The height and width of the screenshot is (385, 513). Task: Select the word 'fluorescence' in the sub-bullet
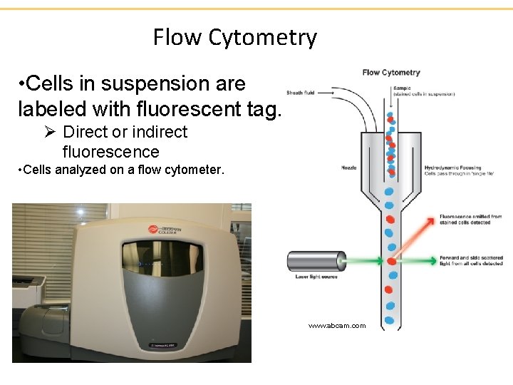coord(110,152)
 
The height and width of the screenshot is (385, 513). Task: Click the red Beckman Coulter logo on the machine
coord(153,230)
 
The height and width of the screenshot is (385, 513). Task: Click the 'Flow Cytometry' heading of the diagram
coord(391,72)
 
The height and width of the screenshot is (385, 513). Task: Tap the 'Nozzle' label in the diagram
coord(349,169)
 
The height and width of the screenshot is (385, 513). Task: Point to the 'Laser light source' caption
coord(316,277)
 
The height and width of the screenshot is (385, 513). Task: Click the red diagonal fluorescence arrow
coord(413,239)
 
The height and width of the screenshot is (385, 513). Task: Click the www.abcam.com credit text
coord(336,326)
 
